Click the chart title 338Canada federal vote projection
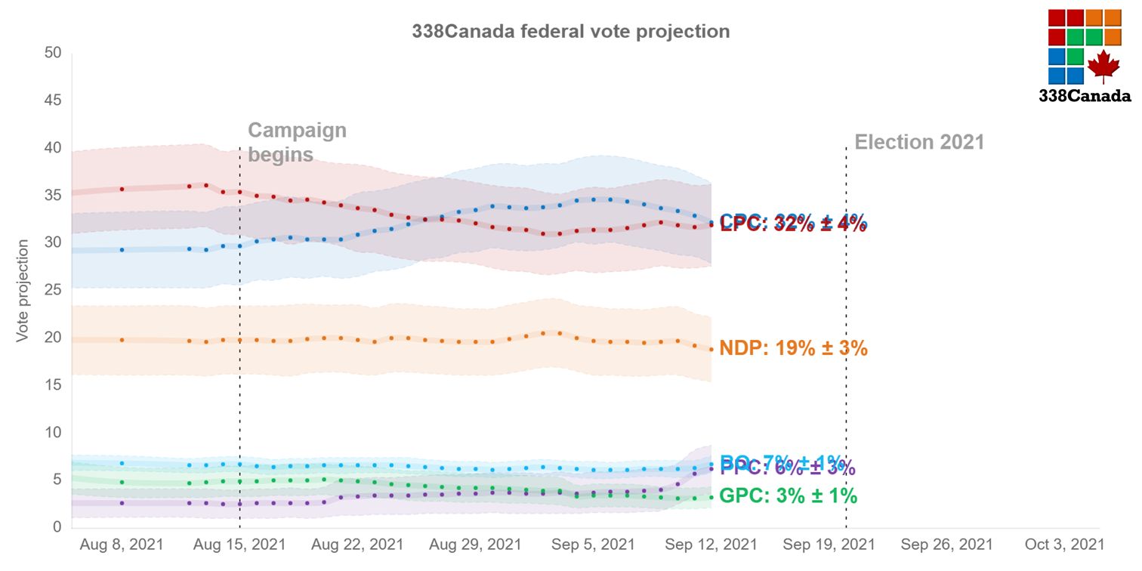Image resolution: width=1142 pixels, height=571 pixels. point(570,32)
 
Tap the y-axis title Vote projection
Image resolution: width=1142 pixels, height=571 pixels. point(23,291)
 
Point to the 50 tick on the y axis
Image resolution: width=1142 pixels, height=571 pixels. point(53,53)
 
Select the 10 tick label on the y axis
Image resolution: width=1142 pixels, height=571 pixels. point(53,432)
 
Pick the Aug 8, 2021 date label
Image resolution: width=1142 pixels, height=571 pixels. point(122,545)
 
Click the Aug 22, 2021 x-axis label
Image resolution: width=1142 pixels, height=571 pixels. point(357,545)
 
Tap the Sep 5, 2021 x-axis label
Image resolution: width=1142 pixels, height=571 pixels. point(593,545)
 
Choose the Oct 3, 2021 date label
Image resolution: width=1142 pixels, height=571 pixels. point(1064,545)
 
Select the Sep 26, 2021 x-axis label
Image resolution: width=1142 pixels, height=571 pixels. point(946,545)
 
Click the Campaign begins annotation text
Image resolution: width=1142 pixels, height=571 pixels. point(297,142)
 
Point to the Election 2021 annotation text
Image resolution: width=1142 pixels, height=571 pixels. point(919,142)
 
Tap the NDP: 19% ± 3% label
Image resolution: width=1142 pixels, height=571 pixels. point(793,349)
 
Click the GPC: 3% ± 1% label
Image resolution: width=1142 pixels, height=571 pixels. point(788,496)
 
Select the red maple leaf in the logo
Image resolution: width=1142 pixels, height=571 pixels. point(1103,66)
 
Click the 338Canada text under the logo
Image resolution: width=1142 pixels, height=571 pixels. point(1085,96)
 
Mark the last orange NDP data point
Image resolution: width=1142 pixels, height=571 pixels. point(711,349)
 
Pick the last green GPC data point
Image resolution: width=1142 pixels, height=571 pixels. point(711,497)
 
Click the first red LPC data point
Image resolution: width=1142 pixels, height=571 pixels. point(122,189)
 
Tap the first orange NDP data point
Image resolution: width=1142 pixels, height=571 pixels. point(122,340)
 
